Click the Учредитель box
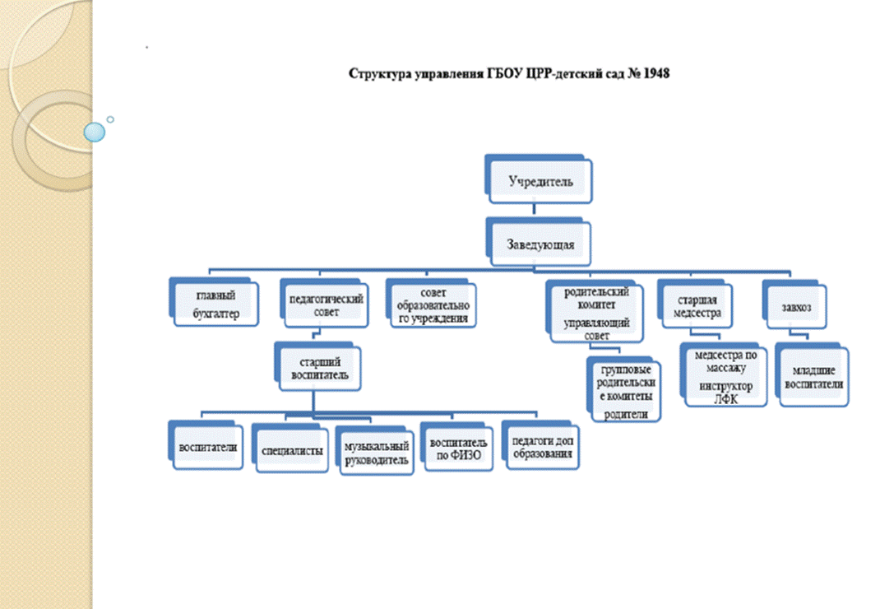click(x=539, y=179)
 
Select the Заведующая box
click(x=539, y=242)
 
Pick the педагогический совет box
click(x=324, y=304)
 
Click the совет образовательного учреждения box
click(x=431, y=304)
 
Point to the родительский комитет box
click(x=595, y=311)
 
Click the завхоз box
click(x=794, y=305)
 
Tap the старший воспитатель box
click(x=317, y=366)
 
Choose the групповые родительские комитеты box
click(x=624, y=389)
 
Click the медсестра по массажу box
click(x=724, y=374)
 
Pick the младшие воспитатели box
click(x=812, y=374)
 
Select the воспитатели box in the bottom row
click(x=206, y=445)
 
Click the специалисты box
click(x=290, y=448)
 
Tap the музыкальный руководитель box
click(x=375, y=450)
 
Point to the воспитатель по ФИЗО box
click(x=456, y=447)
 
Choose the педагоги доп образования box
click(x=540, y=445)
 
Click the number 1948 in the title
click(x=656, y=73)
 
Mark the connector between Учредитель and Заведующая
click(x=534, y=211)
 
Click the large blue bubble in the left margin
click(x=95, y=132)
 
